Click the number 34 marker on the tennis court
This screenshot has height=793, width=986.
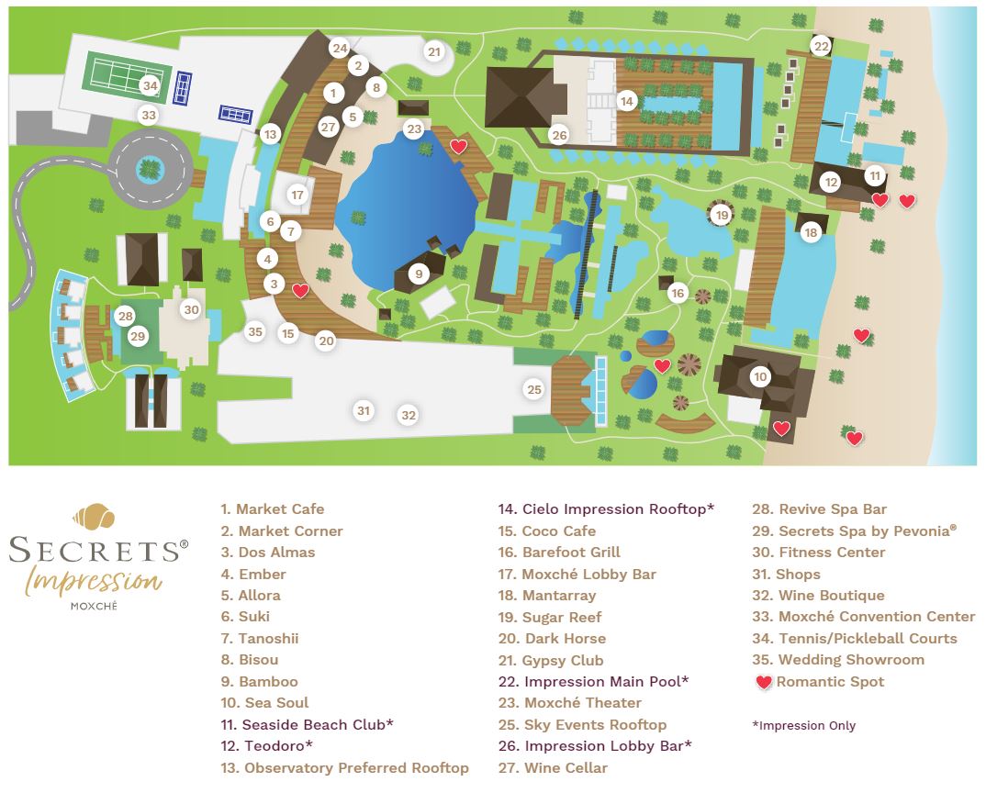[x=150, y=86]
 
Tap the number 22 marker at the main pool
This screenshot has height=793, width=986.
[x=821, y=47]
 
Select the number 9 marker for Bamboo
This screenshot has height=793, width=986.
[x=419, y=274]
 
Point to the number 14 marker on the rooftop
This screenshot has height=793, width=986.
[x=627, y=101]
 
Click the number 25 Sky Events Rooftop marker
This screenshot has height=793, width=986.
[x=534, y=390]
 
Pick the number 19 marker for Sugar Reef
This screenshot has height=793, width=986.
[x=723, y=216]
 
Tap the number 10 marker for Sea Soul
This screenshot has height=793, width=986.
[x=759, y=376]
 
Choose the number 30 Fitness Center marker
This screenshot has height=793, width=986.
[x=191, y=310]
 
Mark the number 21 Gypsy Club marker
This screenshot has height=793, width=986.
[x=434, y=52]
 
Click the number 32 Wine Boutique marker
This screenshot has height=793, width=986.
[x=409, y=416]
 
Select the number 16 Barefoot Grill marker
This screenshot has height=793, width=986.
[x=678, y=293]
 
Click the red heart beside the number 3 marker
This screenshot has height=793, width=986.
[x=299, y=291]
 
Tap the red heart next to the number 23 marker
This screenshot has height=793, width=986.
[x=458, y=146]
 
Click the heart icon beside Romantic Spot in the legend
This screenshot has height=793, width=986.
[x=763, y=682]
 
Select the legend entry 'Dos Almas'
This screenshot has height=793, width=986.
[x=275, y=553]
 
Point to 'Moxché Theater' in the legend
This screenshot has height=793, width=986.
[x=582, y=703]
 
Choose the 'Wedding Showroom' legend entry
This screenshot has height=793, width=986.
[x=850, y=660]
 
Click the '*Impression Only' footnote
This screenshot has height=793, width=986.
[x=803, y=725]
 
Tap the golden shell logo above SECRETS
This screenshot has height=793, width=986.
[x=95, y=517]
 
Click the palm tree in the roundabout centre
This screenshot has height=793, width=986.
[x=148, y=168]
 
